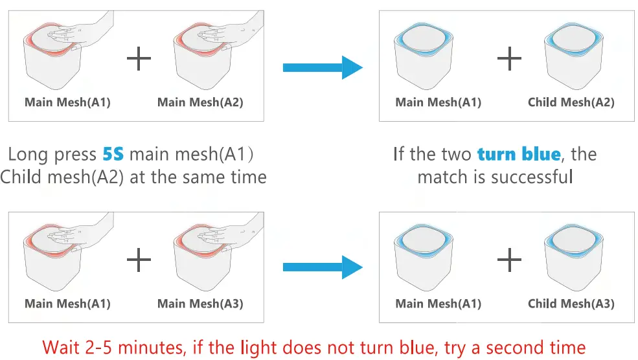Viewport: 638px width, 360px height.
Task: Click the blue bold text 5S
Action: click(113, 154)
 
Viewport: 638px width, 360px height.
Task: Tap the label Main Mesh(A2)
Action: click(200, 102)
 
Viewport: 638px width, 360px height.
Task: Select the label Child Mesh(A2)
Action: click(571, 102)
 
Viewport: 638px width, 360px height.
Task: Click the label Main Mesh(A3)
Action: click(200, 304)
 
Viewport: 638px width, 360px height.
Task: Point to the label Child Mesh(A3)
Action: click(571, 304)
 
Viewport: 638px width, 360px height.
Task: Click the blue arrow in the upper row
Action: click(323, 67)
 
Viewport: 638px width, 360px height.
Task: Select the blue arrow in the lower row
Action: click(323, 267)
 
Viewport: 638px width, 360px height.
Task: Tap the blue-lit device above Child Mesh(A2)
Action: click(574, 56)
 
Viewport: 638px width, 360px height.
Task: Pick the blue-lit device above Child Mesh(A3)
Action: click(574, 257)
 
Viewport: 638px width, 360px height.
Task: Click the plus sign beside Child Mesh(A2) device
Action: click(509, 58)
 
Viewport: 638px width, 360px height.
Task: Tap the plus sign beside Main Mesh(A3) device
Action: click(139, 260)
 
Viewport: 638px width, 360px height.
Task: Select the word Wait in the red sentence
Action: click(61, 348)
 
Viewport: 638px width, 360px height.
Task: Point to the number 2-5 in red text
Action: click(99, 348)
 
